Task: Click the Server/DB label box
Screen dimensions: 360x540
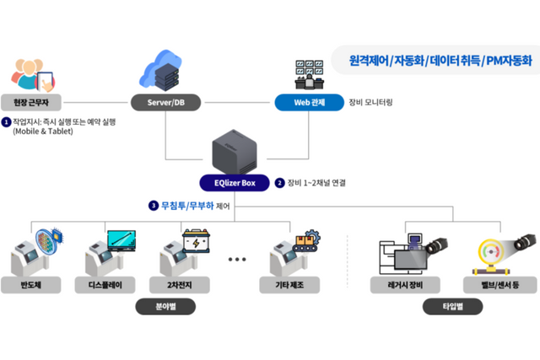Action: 165,103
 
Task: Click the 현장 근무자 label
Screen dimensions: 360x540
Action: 31,103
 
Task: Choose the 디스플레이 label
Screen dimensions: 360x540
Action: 106,286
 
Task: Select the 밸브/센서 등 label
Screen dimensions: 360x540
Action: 491,286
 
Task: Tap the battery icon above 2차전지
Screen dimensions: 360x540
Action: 201,242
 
